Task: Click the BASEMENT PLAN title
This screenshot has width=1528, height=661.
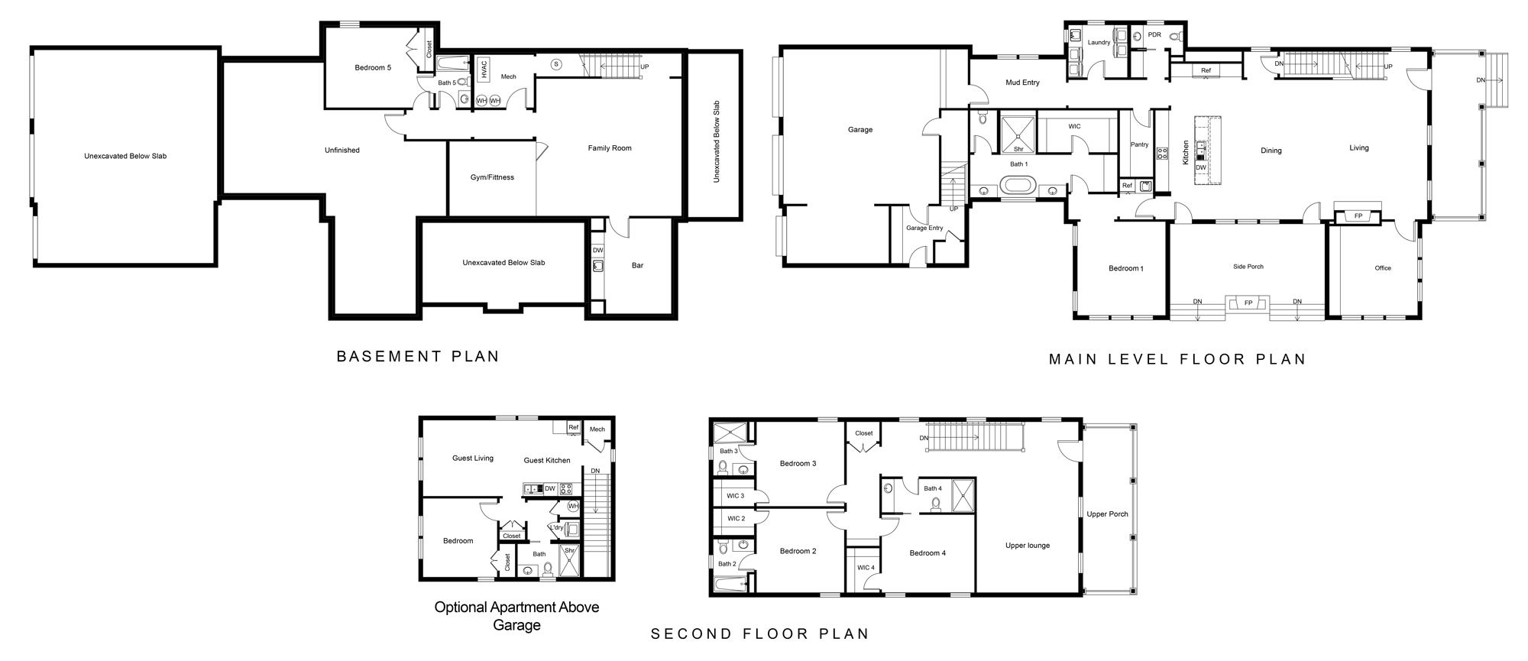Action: [418, 356]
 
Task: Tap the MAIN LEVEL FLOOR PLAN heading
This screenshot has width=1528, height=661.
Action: [1177, 359]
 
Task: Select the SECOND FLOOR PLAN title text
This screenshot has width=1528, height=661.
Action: [760, 633]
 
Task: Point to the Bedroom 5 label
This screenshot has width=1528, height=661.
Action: [373, 68]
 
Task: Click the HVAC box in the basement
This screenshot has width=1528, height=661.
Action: [484, 69]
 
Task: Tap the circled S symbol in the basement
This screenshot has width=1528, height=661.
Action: [556, 64]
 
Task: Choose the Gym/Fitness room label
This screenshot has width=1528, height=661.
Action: [492, 177]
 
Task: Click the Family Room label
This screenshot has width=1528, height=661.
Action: [610, 148]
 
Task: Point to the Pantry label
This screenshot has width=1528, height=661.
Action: [1139, 144]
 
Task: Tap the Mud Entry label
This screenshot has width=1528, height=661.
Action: [1022, 83]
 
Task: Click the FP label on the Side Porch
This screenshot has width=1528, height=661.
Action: [1248, 303]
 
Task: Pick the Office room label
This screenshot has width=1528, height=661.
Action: [1383, 268]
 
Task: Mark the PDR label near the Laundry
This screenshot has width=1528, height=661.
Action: [1154, 35]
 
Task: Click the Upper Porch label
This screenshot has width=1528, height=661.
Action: [1107, 514]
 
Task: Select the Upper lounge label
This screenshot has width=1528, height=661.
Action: [1028, 546]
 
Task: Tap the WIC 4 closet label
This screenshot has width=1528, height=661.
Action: [866, 568]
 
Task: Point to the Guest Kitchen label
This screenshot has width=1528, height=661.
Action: [547, 460]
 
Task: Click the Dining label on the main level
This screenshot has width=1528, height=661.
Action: [1271, 151]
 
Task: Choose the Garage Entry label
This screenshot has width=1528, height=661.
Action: [924, 228]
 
